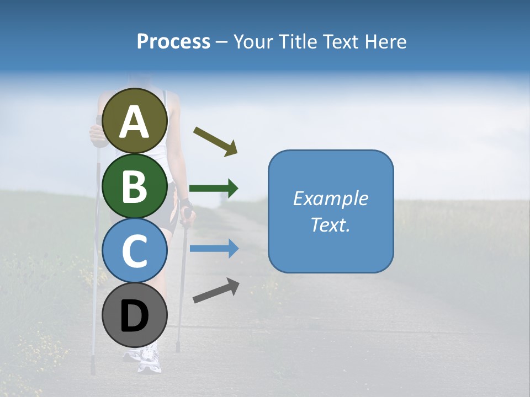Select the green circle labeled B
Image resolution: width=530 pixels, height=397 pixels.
[x=135, y=186]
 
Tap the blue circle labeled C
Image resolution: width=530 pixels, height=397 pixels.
[x=135, y=251]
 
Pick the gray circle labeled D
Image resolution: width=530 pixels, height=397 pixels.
[x=135, y=315]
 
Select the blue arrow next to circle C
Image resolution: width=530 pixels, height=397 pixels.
[x=214, y=249]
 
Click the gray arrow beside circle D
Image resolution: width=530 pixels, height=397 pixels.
[x=216, y=291]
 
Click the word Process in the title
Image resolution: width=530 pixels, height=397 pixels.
[x=173, y=42]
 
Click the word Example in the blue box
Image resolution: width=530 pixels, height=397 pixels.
[x=330, y=198]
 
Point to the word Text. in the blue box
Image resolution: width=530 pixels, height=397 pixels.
[x=330, y=225]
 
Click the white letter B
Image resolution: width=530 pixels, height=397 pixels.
[x=135, y=186]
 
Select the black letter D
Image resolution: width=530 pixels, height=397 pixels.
[x=135, y=316]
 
